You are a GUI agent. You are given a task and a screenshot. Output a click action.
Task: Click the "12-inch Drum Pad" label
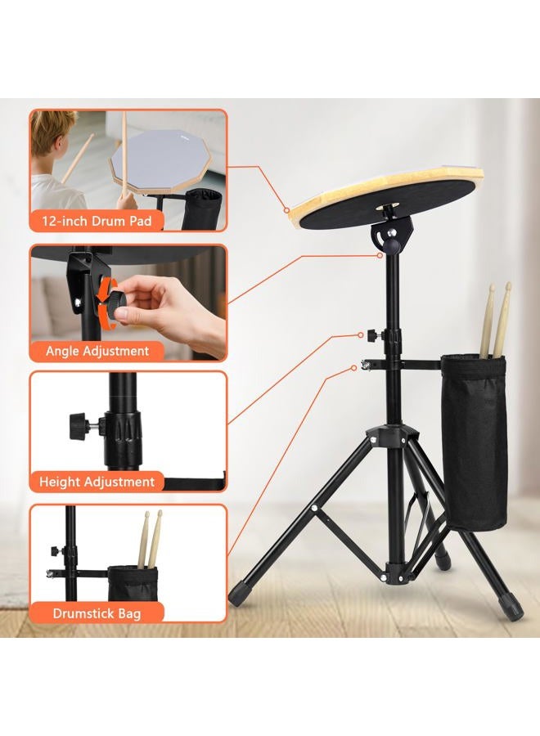(97, 221)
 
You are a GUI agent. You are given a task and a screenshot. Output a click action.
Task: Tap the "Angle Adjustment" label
(97, 351)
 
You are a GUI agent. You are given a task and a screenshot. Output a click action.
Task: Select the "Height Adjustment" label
(97, 482)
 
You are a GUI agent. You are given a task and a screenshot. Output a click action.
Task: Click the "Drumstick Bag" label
(97, 613)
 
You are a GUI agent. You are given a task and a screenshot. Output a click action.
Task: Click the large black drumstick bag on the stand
(474, 442)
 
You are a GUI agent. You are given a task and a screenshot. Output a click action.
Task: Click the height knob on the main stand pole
(375, 335)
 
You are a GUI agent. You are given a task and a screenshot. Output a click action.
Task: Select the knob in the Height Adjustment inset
(80, 425)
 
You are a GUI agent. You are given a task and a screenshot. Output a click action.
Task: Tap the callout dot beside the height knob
(361, 335)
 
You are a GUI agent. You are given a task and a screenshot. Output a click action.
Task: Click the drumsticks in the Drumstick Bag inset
(150, 539)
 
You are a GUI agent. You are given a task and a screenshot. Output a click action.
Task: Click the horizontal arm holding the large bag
(405, 363)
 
